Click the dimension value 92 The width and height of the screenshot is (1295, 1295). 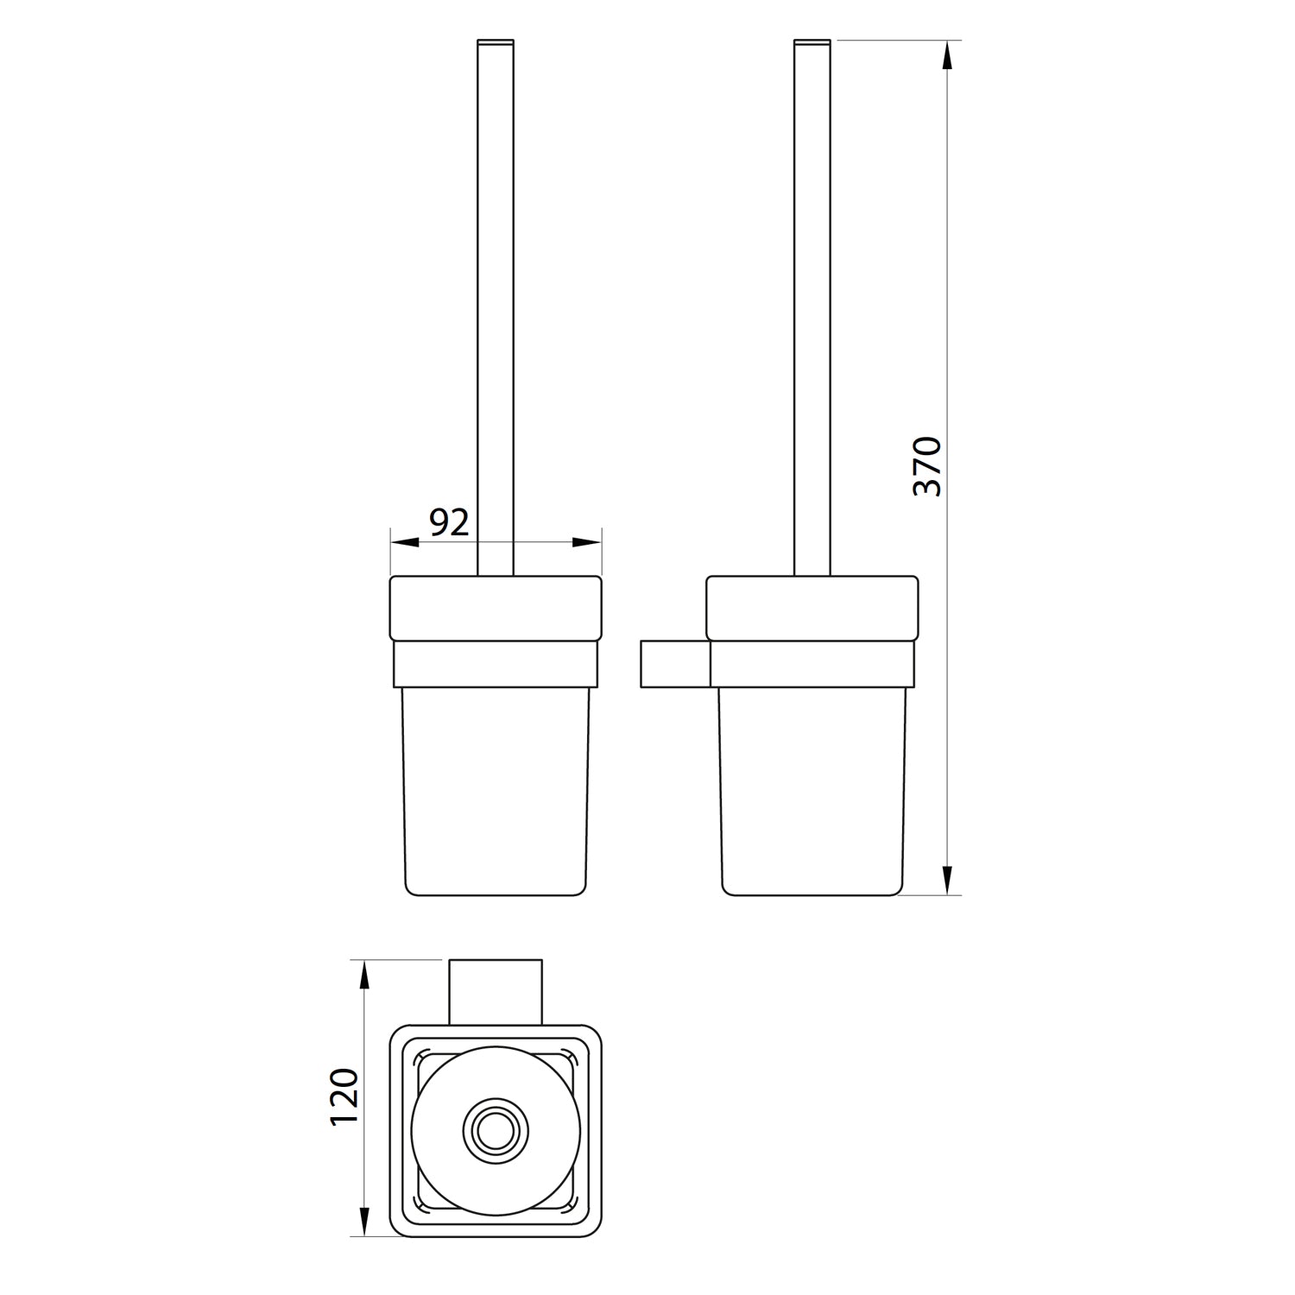click(449, 522)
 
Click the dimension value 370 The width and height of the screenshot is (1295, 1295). click(927, 466)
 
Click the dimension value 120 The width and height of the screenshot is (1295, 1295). click(344, 1096)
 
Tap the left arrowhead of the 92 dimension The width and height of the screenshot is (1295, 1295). click(404, 542)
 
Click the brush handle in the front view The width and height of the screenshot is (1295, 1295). click(496, 302)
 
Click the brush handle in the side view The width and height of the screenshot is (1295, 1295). click(812, 302)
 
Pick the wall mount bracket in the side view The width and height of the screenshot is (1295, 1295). click(674, 664)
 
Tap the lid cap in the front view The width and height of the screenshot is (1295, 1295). click(496, 608)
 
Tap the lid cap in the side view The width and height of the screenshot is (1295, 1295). click(812, 608)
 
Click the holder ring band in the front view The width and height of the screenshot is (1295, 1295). click(496, 664)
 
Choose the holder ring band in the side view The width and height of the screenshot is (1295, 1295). click(812, 664)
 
